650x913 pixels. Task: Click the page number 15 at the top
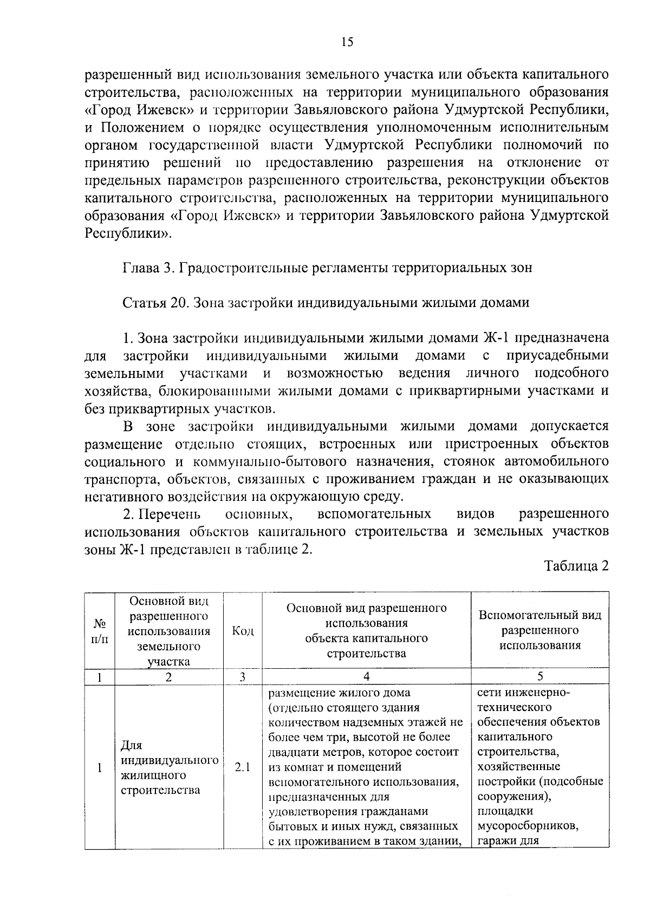(347, 42)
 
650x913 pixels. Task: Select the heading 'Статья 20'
(154, 303)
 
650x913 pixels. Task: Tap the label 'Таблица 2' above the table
(576, 566)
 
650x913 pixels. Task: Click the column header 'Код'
(242, 631)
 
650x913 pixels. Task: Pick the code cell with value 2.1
(242, 767)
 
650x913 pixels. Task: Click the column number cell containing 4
(367, 676)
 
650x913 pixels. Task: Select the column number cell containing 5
(540, 676)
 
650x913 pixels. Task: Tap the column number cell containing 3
(242, 676)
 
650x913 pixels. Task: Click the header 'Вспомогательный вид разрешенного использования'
(540, 630)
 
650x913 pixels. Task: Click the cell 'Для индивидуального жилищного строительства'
(169, 767)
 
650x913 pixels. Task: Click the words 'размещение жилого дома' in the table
(340, 693)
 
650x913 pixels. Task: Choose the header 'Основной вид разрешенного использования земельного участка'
(169, 631)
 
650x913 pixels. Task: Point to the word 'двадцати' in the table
(293, 752)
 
